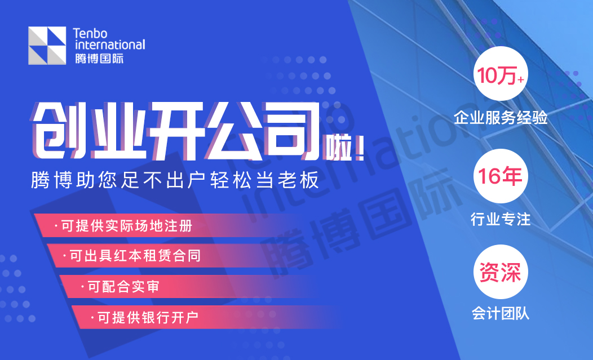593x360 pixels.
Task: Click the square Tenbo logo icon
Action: click(x=47, y=46)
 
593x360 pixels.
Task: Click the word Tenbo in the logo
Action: click(x=90, y=33)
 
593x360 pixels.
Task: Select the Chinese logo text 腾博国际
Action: click(x=99, y=58)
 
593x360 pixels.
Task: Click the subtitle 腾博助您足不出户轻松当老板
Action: click(x=175, y=180)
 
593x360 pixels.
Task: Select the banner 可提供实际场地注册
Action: click(x=127, y=226)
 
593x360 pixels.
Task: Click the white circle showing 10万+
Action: click(x=501, y=74)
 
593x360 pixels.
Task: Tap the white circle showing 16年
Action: click(x=501, y=176)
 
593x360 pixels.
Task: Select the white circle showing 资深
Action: click(x=501, y=272)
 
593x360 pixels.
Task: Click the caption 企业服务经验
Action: click(x=501, y=118)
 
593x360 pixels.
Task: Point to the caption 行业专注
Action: click(x=501, y=219)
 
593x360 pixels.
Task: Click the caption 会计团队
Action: click(x=501, y=313)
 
